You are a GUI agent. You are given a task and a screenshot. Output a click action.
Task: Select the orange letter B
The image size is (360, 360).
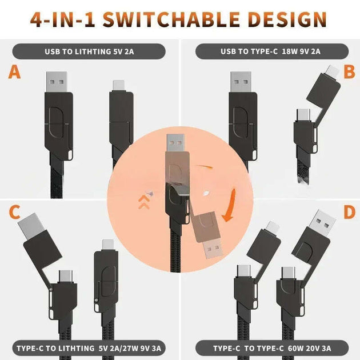click(349, 72)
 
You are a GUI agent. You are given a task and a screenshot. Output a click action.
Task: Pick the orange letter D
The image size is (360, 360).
click(348, 212)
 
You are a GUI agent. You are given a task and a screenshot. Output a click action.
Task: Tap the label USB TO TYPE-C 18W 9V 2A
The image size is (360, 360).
click(270, 51)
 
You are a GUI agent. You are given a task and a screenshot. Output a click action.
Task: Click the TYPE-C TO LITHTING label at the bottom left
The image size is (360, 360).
click(89, 347)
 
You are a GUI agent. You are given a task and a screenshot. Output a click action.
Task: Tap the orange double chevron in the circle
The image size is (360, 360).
click(143, 201)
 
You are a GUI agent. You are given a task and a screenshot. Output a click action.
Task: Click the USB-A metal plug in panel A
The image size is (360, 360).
click(58, 81)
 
